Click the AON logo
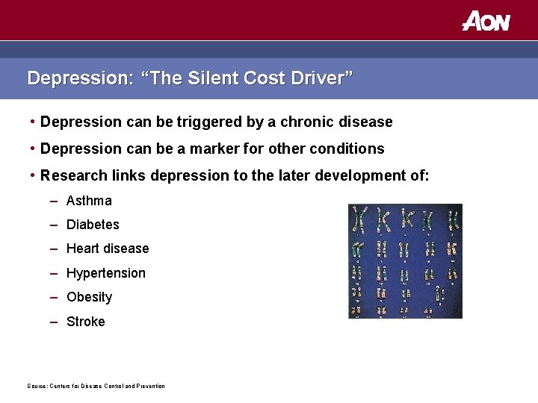(486, 20)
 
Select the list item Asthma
(89, 201)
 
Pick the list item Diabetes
(93, 225)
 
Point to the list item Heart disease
(108, 249)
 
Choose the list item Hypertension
(106, 273)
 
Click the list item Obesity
(89, 297)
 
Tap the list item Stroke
(86, 322)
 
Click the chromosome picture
(405, 260)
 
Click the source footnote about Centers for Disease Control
(96, 386)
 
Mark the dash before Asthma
(55, 201)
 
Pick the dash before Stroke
(55, 322)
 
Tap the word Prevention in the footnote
(149, 386)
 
